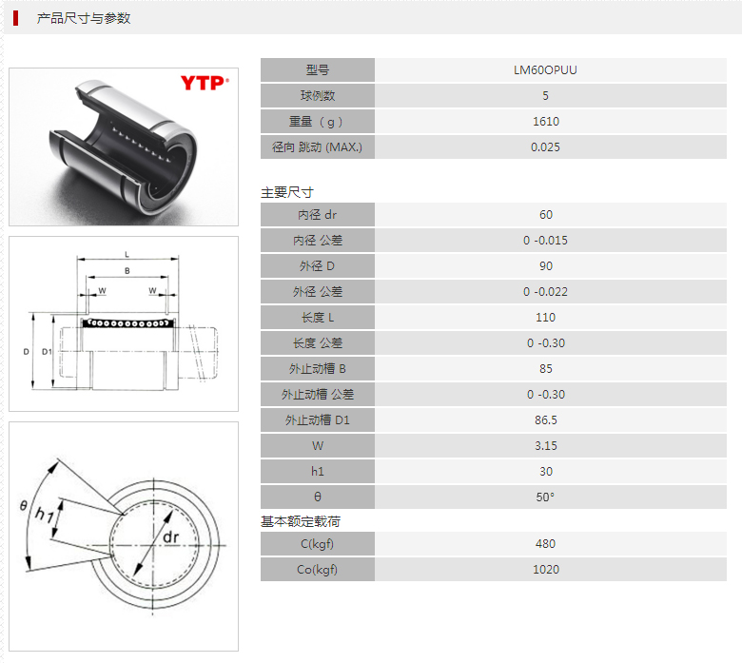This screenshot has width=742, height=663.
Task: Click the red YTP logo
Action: point(205,83)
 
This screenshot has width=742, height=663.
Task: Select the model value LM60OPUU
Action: point(545,70)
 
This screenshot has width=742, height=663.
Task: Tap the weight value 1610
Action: point(546,122)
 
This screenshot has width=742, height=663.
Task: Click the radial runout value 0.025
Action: point(545,147)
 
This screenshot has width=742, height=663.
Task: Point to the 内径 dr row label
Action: point(317,215)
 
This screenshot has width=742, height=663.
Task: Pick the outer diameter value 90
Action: point(546,266)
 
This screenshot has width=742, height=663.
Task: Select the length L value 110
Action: point(545,318)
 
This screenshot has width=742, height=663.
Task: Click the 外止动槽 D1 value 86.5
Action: point(546,420)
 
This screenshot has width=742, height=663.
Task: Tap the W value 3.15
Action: point(546,446)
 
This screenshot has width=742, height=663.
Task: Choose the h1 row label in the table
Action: point(317,472)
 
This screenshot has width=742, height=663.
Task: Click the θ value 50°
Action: point(545,497)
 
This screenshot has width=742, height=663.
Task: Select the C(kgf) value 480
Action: point(545,544)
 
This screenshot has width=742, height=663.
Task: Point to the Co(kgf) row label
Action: point(317,569)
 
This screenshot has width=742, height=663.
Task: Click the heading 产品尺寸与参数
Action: point(84,18)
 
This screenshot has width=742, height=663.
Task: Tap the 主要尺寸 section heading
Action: point(286,192)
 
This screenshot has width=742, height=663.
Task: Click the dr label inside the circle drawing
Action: point(171,537)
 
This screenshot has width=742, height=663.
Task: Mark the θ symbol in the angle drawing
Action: point(23,506)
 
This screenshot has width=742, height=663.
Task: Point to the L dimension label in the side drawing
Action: point(127,255)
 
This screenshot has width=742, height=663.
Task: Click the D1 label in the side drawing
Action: point(47,352)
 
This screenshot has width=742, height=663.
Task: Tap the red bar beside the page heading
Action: point(15,18)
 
